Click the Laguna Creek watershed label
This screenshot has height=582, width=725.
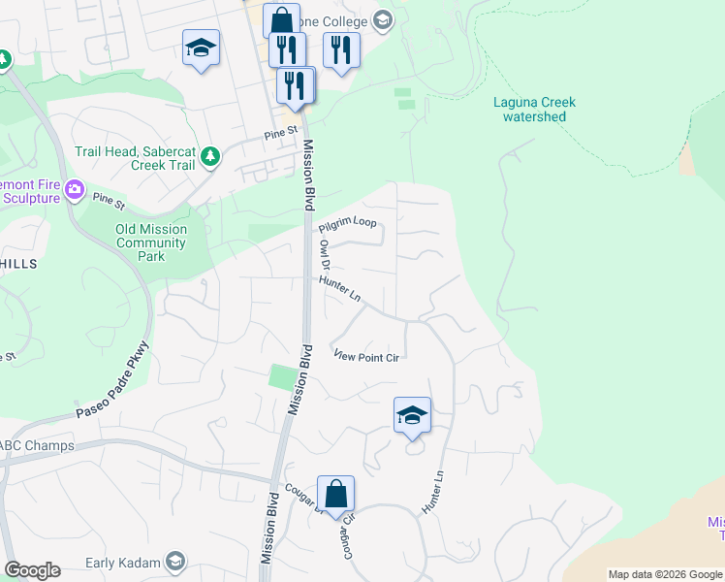534,110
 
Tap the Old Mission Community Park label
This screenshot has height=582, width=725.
150,242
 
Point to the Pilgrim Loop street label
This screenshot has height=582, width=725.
347,222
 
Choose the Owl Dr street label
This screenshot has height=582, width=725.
326,255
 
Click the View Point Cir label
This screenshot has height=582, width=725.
366,357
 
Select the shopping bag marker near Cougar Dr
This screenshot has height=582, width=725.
335,494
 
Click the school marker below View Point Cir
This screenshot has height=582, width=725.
412,416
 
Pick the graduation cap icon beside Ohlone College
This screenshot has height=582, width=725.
382,20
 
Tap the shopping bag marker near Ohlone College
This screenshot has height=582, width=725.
281,20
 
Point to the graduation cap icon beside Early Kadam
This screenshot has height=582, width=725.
175,562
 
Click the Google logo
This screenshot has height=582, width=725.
32,570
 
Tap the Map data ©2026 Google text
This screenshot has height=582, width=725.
665,574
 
